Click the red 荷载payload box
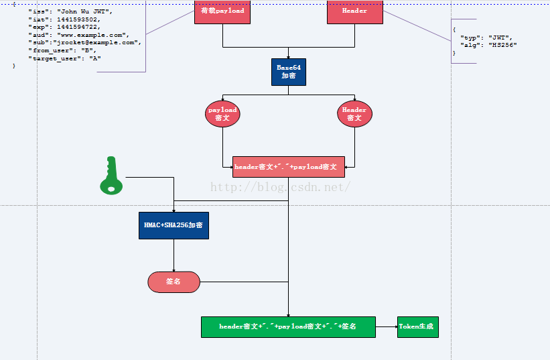pyautogui.click(x=222, y=11)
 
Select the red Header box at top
pyautogui.click(x=355, y=11)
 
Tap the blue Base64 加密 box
pyautogui.click(x=288, y=72)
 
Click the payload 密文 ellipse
pyautogui.click(x=222, y=114)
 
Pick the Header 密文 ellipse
pyautogui.click(x=354, y=114)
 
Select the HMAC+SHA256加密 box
pyautogui.click(x=174, y=225)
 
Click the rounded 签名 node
pyautogui.click(x=174, y=282)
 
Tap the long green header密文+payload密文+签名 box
pyautogui.click(x=288, y=326)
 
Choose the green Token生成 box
pyautogui.click(x=417, y=326)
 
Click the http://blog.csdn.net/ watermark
pyautogui.click(x=281, y=187)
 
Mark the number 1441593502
pyautogui.click(x=78, y=19)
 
